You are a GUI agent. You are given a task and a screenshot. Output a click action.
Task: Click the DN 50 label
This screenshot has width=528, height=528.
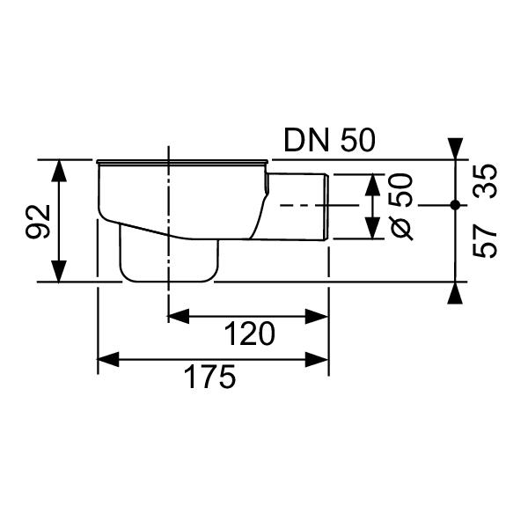pyautogui.click(x=329, y=141)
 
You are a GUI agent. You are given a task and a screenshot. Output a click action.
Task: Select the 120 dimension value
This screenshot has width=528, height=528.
pyautogui.click(x=248, y=334)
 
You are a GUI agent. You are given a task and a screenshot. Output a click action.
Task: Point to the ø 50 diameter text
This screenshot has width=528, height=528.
pyautogui.click(x=401, y=206)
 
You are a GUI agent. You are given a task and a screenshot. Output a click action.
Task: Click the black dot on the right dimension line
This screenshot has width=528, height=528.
pyautogui.click(x=454, y=205)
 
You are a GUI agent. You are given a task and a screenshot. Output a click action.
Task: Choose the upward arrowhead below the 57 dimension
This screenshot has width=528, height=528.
pyautogui.click(x=454, y=293)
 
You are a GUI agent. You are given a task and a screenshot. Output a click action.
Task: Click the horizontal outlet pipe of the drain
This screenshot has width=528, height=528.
pyautogui.click(x=299, y=206)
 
